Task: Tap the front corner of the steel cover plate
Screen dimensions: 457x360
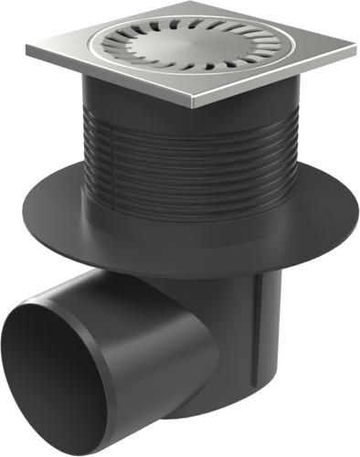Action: tap(195, 104)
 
